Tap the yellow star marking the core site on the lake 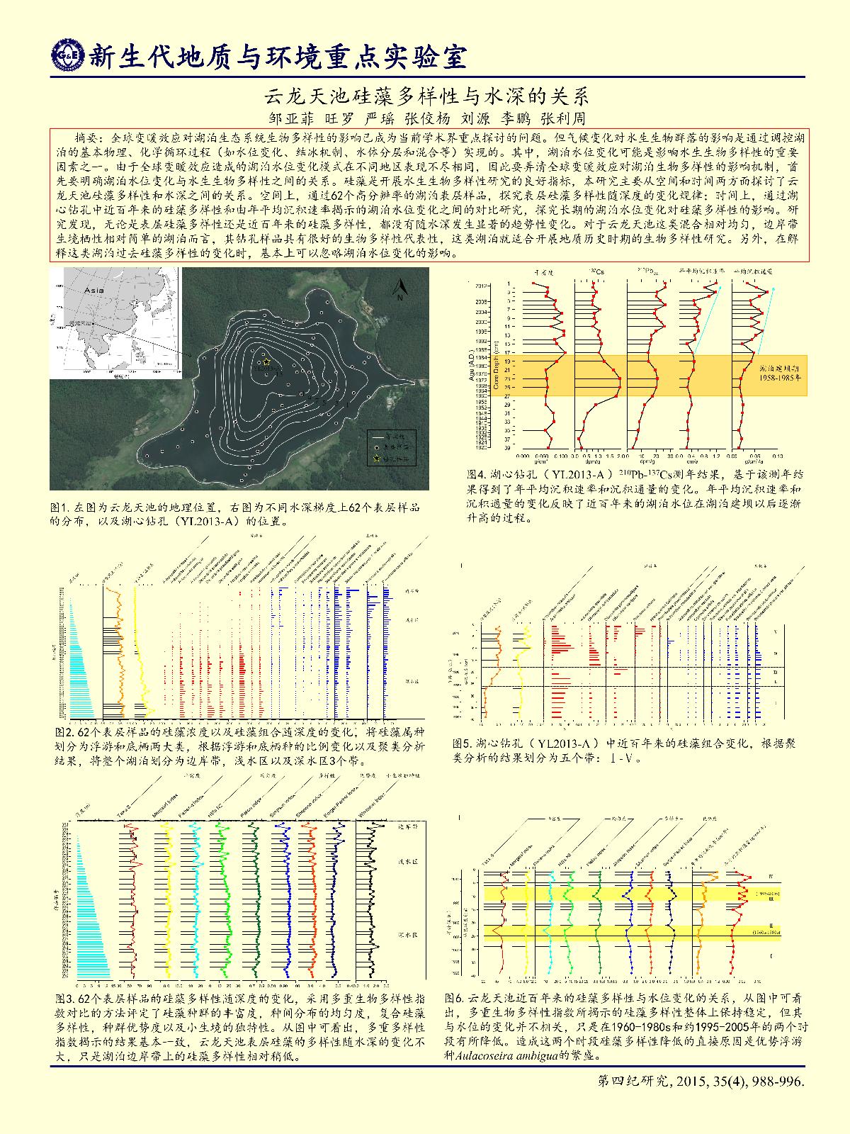pos(266,361)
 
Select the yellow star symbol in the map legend pos(376,459)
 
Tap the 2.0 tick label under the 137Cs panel pos(619,458)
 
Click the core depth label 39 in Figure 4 pos(528,448)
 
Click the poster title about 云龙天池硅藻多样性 pos(426,96)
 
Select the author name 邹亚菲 pos(290,118)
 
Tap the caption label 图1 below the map pos(58,508)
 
